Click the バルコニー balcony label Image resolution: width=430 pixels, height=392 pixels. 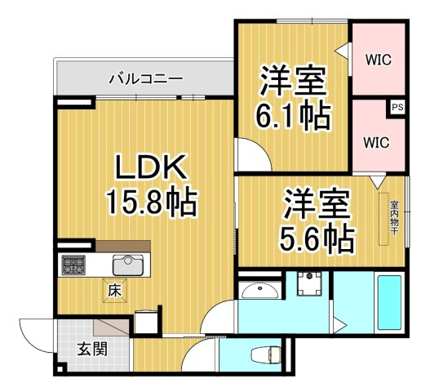coord(146,80)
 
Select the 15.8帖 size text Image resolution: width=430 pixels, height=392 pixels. coord(152,200)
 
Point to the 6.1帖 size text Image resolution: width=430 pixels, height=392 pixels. coord(294,116)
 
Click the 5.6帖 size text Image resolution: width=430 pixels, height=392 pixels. coord(317,238)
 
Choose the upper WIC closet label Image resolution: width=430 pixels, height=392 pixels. coord(378,60)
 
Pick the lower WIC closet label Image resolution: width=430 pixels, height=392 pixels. coord(377,141)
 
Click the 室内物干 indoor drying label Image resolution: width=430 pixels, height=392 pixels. coord(393,218)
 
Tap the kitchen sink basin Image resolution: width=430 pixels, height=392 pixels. coord(128,265)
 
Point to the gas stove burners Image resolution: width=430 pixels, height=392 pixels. coord(74,265)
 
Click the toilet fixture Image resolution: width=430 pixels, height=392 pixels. coord(266,356)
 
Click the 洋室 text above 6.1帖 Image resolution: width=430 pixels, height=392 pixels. coord(294,80)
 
